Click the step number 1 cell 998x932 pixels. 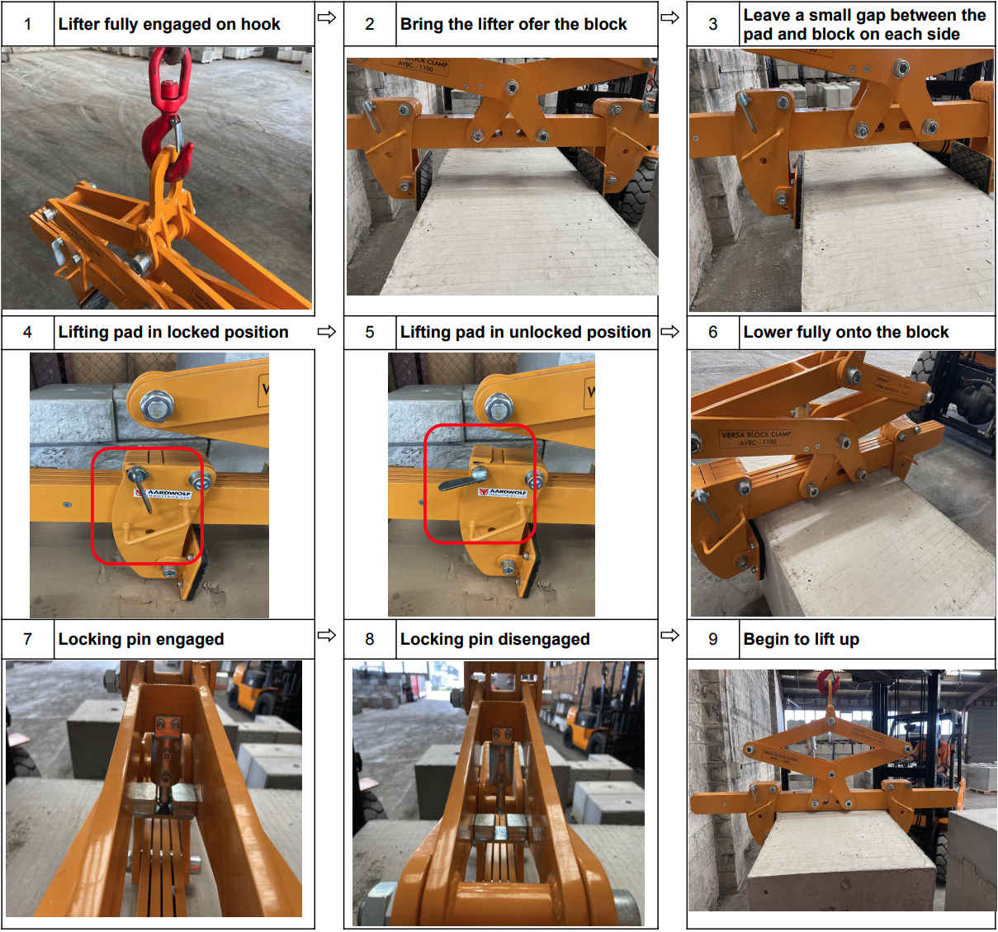pos(27,24)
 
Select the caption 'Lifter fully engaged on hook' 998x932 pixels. pos(169,24)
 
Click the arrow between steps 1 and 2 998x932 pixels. pos(327,17)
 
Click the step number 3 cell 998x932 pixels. pos(713,24)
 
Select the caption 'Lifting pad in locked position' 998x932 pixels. pos(173,332)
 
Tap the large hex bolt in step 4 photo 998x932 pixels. pos(153,405)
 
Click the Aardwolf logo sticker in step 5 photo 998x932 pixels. pos(503,492)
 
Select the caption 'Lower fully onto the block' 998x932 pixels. pos(845,332)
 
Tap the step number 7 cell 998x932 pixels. pos(27,639)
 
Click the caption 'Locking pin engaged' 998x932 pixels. pos(141,639)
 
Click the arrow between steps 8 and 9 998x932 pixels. pos(670,635)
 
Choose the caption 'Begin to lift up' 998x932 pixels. pos(801,639)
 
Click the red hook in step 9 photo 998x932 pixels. pos(826,682)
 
